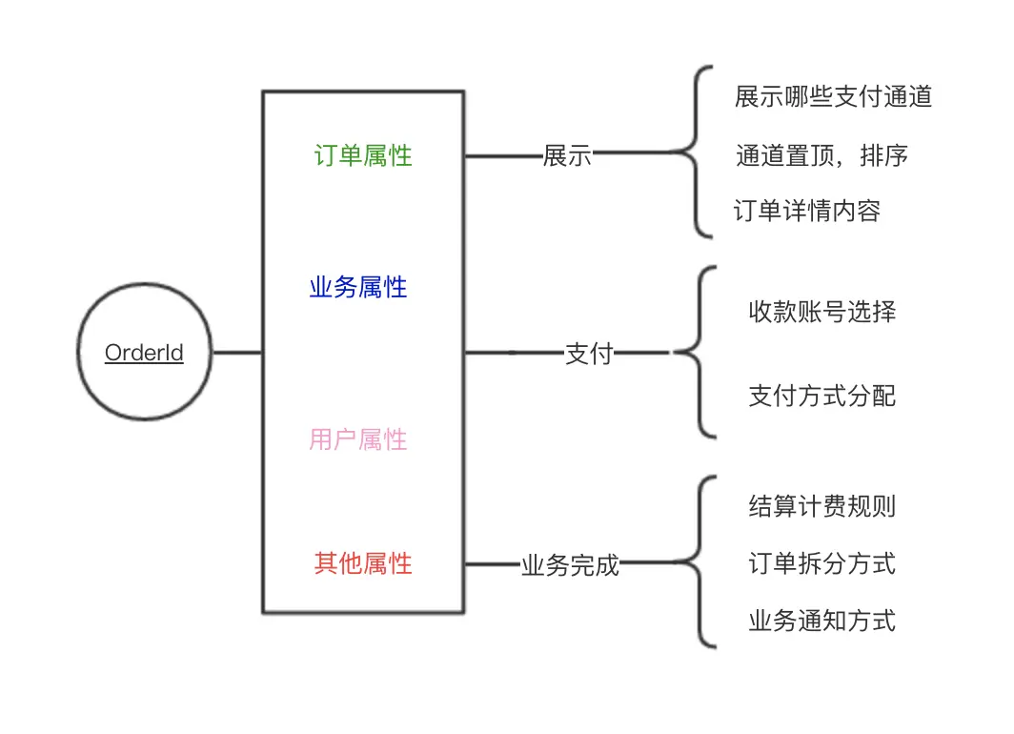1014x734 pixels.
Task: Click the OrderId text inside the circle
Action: coord(144,353)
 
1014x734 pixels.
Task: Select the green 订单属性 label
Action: coord(363,155)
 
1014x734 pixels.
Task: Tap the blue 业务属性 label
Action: coord(358,287)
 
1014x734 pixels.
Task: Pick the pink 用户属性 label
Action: coord(358,439)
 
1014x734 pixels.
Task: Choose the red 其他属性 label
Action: coord(363,563)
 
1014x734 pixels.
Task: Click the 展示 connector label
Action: coord(567,156)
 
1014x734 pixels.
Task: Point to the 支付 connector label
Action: coord(589,354)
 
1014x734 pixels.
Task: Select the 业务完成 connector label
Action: coord(570,565)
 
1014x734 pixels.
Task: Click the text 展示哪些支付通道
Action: coord(833,96)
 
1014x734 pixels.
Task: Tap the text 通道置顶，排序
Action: coord(821,155)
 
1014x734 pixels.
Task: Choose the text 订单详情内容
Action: coord(807,211)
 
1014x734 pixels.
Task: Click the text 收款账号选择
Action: coord(821,312)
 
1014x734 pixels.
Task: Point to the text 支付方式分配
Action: coord(821,396)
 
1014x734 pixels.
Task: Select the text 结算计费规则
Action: coord(821,506)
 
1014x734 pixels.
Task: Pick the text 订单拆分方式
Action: coord(821,563)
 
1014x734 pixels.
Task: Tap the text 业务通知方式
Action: coord(821,622)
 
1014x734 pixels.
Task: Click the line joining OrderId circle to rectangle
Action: coord(236,353)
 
